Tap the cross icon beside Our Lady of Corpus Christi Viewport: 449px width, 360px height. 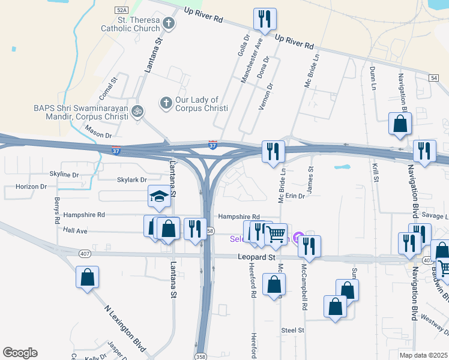click(166, 103)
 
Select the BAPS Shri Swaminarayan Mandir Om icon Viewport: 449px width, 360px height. click(137, 110)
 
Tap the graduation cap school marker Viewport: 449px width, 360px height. click(157, 197)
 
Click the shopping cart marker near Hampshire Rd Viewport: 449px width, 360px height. click(276, 234)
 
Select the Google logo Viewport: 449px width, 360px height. click(20, 353)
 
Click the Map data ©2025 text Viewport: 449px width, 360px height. click(423, 355)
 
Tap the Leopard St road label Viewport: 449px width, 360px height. click(251, 257)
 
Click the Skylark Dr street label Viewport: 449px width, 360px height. click(132, 180)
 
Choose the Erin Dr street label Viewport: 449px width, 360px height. click(296, 196)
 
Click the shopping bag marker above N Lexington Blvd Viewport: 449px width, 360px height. click(87, 278)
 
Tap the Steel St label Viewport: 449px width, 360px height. click(293, 330)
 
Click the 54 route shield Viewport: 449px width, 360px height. click(434, 78)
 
